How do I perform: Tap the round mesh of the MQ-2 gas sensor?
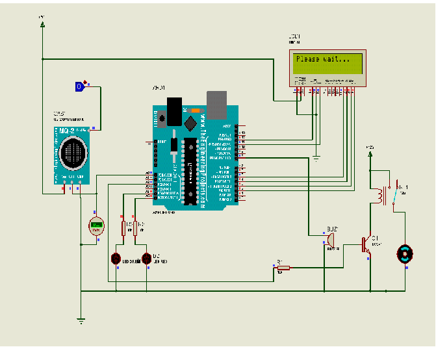73,153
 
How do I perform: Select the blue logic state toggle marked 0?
79,86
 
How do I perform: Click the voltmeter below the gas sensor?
96,226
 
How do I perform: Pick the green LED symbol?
116,258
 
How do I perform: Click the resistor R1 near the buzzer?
281,266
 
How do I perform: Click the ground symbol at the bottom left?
81,319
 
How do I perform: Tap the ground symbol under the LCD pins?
316,157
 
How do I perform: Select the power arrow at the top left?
42,23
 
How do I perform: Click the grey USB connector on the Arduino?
217,101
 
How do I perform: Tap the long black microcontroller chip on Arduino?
190,172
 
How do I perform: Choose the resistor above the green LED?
123,227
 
